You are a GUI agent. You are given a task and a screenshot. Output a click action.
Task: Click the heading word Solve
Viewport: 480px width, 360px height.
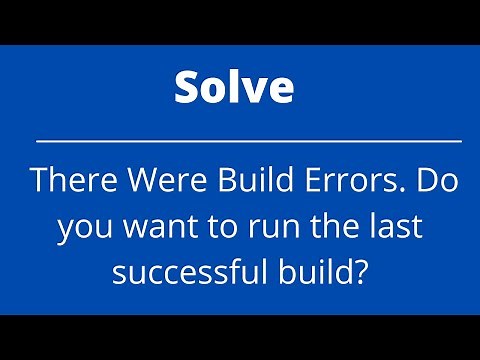click(x=234, y=88)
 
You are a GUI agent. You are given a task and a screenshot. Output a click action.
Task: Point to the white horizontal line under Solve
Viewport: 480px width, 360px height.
click(x=248, y=141)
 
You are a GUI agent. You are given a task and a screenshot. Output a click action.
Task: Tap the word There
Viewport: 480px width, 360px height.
click(x=67, y=181)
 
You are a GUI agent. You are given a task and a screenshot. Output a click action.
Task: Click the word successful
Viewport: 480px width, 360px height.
click(x=186, y=270)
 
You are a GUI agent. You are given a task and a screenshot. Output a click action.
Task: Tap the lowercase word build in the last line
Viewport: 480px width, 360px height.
click(x=308, y=269)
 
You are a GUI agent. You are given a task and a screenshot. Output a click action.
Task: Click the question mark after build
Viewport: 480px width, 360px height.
click(x=358, y=269)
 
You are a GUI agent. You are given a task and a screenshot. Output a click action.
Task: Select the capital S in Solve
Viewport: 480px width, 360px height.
click(x=187, y=88)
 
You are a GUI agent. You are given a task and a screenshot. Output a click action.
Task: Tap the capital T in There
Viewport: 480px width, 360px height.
click(x=38, y=181)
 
